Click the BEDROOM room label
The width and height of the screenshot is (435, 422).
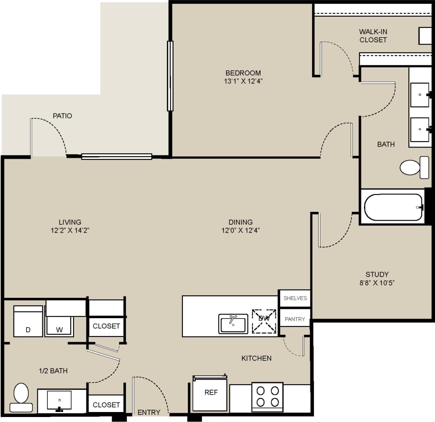(x=243, y=73)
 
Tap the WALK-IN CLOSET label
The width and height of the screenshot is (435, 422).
(x=373, y=36)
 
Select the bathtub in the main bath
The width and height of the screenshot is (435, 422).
(x=393, y=207)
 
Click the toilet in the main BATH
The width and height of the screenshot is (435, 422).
(x=414, y=167)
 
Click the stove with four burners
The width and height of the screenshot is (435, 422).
(x=267, y=397)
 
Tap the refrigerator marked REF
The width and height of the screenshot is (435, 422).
(x=211, y=393)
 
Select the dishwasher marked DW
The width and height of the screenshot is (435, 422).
(x=264, y=321)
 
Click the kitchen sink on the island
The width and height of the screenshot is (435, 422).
(x=233, y=324)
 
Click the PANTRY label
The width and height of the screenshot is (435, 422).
(x=295, y=319)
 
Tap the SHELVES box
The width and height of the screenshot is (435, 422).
(x=295, y=298)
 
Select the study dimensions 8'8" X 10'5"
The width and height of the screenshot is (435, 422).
(x=377, y=283)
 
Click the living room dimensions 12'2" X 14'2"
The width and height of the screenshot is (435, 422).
(x=70, y=231)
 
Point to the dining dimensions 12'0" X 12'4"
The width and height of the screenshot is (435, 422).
(x=241, y=231)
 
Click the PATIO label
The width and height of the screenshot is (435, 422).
(x=62, y=116)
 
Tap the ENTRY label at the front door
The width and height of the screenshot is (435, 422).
(x=149, y=412)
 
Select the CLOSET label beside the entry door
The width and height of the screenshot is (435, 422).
(x=106, y=405)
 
